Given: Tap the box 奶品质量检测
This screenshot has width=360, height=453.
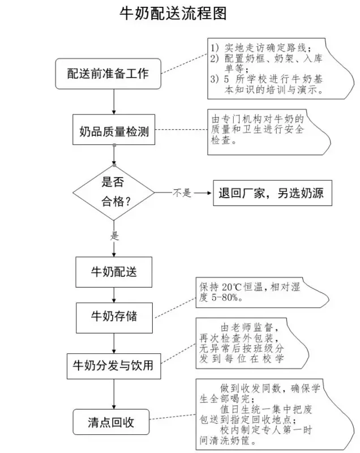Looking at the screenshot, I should click(x=114, y=131).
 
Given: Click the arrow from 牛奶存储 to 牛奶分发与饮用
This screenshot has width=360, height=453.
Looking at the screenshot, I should click(x=114, y=343).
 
